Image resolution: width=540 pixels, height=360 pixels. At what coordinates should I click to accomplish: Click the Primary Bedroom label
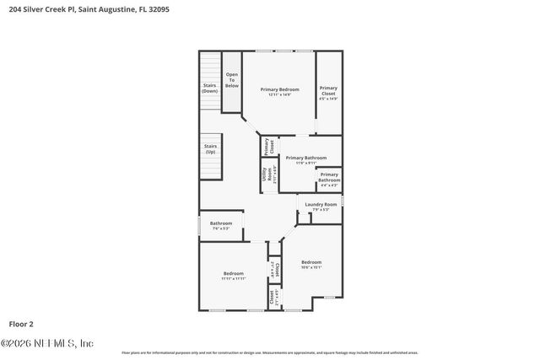(x=279, y=89)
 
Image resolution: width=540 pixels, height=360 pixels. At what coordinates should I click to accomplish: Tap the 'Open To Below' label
(x=231, y=80)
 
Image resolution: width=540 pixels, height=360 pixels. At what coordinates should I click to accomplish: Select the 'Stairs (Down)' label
(x=210, y=87)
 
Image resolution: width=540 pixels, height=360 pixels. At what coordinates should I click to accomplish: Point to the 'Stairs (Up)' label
(x=210, y=148)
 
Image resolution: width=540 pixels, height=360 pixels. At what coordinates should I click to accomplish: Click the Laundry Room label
(x=321, y=205)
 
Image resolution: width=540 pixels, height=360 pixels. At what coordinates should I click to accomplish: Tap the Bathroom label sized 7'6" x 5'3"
(x=220, y=223)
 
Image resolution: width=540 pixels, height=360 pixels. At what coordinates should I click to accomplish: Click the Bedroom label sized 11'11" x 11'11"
(x=234, y=273)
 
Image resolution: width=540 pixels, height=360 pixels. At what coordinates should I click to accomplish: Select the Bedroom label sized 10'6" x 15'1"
(x=311, y=261)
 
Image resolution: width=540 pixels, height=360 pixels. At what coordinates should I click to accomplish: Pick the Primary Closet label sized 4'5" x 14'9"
(x=328, y=90)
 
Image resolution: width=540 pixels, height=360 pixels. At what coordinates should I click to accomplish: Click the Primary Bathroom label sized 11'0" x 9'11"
(x=306, y=158)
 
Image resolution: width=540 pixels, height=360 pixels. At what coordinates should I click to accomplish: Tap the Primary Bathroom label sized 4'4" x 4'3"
(x=329, y=177)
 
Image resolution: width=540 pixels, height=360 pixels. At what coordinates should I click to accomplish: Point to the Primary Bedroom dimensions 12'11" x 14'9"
(x=279, y=94)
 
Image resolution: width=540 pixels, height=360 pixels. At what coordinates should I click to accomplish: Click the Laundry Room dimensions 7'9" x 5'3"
(x=321, y=210)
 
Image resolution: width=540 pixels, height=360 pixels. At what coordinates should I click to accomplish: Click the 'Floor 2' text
(x=21, y=323)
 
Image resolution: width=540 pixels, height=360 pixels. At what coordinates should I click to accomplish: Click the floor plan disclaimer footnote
(x=269, y=352)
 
